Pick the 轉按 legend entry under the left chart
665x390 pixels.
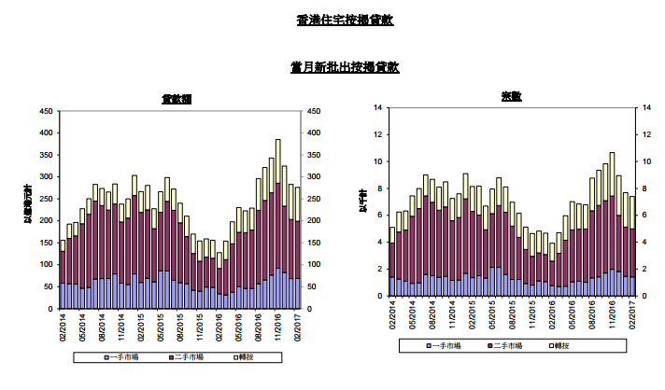pos(246,355)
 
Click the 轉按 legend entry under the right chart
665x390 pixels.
pos(584,345)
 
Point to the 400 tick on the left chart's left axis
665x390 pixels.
pos(44,132)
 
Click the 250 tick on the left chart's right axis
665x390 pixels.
pos(315,199)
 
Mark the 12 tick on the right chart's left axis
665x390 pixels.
pos(378,134)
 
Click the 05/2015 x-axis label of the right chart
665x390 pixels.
pos(492,314)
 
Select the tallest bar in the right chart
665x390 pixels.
pos(612,224)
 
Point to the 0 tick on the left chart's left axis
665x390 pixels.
pos(50,309)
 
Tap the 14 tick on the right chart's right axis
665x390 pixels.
pos(646,107)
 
